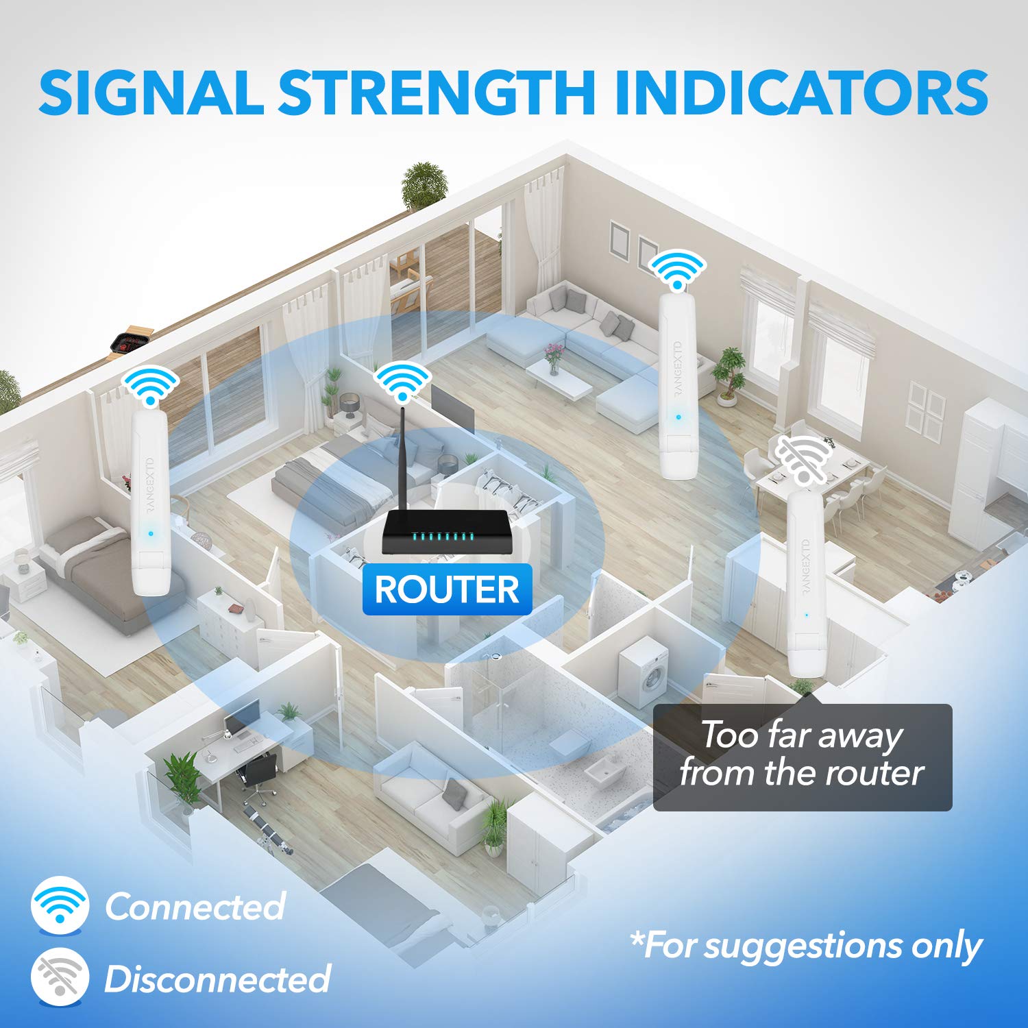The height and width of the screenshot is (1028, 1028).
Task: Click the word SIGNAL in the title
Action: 151,92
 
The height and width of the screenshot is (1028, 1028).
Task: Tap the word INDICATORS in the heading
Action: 801,92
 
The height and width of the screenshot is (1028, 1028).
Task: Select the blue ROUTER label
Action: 447,589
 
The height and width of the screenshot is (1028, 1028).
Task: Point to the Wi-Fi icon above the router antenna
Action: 402,380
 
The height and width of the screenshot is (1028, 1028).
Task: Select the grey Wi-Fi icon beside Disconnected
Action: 60,977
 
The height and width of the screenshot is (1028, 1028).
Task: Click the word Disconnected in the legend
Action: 217,978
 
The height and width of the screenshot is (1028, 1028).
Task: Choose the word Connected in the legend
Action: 195,906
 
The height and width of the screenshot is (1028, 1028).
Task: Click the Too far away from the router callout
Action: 803,757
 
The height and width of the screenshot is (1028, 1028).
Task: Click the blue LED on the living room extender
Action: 678,416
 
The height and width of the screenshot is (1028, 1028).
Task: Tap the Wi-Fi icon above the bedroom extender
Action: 149,385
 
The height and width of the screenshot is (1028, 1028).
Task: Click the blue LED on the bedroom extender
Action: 150,533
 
